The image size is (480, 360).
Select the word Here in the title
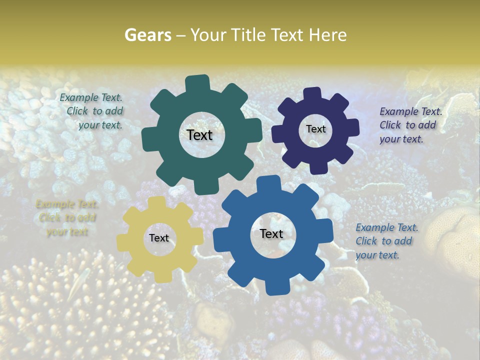coord(328,35)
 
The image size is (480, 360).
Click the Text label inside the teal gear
coord(199,135)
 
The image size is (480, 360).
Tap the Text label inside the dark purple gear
coord(315,129)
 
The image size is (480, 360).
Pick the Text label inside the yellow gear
coord(159,238)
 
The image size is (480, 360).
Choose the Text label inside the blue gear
coord(271,233)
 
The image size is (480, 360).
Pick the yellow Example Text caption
coord(67,218)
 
